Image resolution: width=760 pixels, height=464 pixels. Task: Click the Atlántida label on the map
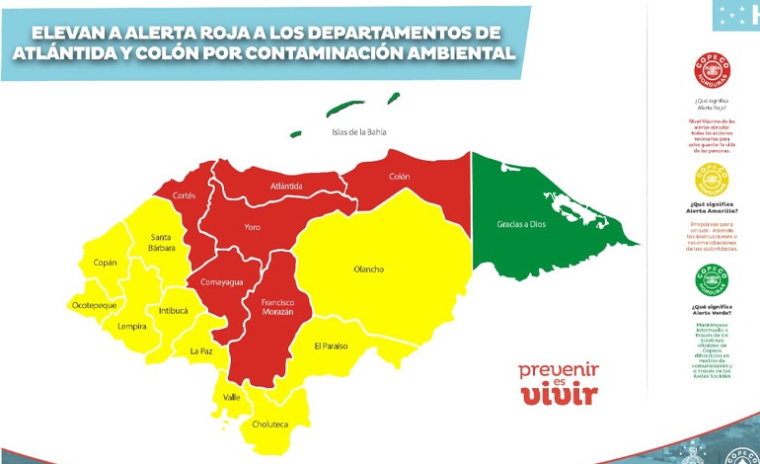coord(286,186)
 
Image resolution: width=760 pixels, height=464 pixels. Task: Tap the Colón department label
coord(399,177)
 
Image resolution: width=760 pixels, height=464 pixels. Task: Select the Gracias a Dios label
coord(520,224)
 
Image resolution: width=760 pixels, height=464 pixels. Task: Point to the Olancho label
coord(368,269)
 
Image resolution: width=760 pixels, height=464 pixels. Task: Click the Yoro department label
coord(253,228)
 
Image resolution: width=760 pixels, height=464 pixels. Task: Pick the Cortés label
coord(185,195)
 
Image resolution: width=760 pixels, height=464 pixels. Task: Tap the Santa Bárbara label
coord(163,243)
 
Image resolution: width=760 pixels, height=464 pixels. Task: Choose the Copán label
coord(104,263)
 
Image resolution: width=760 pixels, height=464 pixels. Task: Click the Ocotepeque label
coord(95,306)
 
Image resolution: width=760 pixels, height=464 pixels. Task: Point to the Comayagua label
coord(223,281)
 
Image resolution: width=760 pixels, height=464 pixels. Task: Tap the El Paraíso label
coord(331,346)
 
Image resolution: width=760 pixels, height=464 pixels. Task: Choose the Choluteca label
coord(271,425)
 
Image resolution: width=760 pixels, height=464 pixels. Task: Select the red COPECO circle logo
coord(711,70)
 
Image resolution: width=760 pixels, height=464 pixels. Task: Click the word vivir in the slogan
coord(559,395)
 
